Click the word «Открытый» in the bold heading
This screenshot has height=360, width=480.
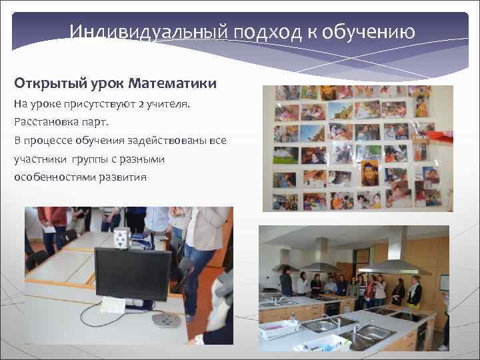click(46, 84)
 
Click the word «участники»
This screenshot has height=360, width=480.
click(39, 159)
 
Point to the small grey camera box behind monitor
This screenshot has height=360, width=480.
click(120, 237)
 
